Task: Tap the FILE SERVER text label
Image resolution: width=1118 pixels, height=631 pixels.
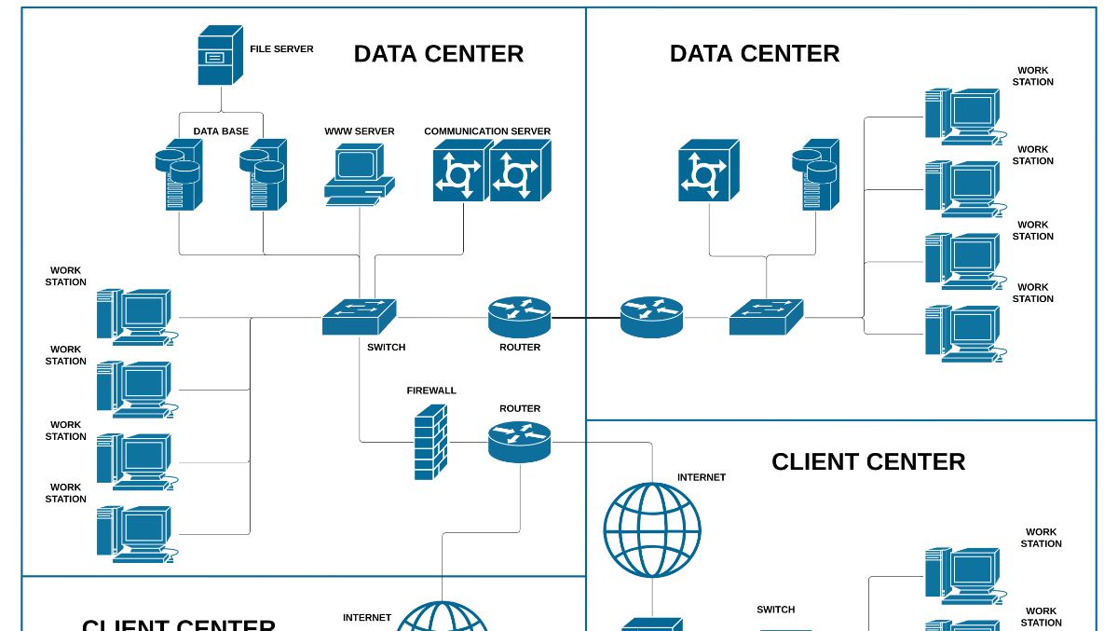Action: (281, 49)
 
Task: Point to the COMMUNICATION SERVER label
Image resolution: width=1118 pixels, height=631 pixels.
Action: (487, 131)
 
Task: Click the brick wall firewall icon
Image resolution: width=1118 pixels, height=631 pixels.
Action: (430, 443)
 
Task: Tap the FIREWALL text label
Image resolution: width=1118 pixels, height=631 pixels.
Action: (431, 391)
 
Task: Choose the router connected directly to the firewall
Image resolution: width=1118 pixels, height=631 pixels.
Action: (519, 442)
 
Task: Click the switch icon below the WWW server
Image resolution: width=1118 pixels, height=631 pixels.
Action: (359, 317)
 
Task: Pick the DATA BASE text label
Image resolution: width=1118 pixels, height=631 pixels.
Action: (221, 131)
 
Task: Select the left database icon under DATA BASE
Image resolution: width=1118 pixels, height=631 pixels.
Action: (180, 175)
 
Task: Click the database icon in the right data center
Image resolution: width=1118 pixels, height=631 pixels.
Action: (816, 174)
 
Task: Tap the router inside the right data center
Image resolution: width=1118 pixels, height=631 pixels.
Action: (651, 317)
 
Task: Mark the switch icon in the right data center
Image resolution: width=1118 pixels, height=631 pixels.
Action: (766, 317)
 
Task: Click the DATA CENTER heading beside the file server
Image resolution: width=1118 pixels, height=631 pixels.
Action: (438, 54)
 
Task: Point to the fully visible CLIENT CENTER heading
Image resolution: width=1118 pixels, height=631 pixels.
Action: (868, 462)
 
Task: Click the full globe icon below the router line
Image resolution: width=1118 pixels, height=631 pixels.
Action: (652, 530)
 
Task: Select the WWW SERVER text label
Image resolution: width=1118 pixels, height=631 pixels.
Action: (359, 131)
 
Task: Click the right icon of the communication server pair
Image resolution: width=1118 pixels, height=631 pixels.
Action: (519, 171)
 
